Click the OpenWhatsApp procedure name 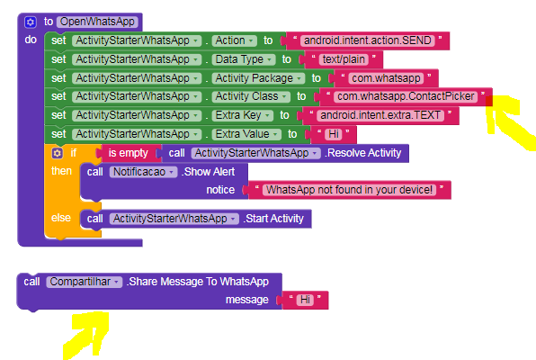[97, 22]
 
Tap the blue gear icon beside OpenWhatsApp [30, 22]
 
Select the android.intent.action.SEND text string [368, 40]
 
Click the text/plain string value [344, 59]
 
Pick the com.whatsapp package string [386, 78]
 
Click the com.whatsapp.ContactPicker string [406, 96]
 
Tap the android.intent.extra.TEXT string [380, 115]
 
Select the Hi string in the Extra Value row [334, 134]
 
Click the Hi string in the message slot [305, 300]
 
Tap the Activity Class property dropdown [251, 96]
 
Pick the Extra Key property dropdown [242, 115]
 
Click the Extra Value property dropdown [246, 134]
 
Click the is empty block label [129, 153]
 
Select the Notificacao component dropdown [143, 172]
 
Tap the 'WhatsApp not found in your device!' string [349, 190]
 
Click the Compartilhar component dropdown [85, 282]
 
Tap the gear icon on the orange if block [57, 153]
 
